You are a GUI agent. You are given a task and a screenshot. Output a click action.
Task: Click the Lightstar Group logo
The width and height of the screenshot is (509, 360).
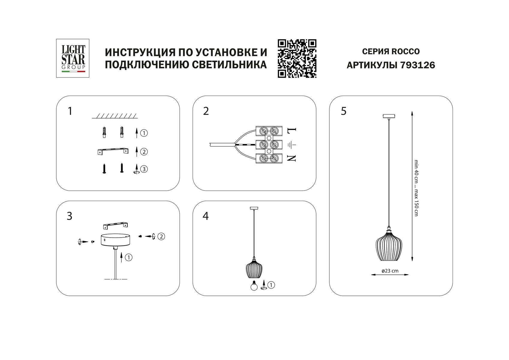tap(73, 58)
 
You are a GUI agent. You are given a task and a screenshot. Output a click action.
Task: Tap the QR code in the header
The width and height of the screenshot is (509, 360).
tap(297, 58)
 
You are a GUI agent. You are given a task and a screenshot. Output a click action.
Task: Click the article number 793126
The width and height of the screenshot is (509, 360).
tap(418, 65)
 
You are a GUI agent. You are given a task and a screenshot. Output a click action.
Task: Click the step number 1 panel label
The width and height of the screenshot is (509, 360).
tap(70, 111)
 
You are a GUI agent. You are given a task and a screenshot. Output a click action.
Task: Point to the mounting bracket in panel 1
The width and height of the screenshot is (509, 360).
tap(113, 151)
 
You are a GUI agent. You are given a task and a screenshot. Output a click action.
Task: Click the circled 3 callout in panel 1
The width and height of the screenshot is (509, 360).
tap(144, 169)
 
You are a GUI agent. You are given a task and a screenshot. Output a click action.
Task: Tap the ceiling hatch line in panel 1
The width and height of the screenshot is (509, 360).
tap(115, 116)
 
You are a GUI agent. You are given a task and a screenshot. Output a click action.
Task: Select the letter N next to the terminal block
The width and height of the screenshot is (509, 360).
tap(292, 158)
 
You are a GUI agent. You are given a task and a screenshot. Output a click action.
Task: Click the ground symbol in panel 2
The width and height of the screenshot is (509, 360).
tap(292, 145)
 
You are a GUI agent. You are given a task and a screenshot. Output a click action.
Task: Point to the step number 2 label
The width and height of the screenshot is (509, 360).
tap(206, 111)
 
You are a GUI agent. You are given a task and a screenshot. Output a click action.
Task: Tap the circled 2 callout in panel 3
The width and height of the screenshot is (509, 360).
tap(161, 236)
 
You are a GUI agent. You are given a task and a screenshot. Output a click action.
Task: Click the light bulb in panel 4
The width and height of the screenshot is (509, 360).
tap(254, 286)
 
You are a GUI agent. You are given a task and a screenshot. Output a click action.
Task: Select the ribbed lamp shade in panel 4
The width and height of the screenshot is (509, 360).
tap(254, 269)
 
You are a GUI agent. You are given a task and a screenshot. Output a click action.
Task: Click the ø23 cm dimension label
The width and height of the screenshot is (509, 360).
tap(390, 271)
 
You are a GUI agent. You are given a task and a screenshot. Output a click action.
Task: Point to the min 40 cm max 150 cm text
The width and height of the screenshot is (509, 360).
tap(416, 188)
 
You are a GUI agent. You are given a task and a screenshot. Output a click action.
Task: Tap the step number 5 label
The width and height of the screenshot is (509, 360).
tap(344, 111)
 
